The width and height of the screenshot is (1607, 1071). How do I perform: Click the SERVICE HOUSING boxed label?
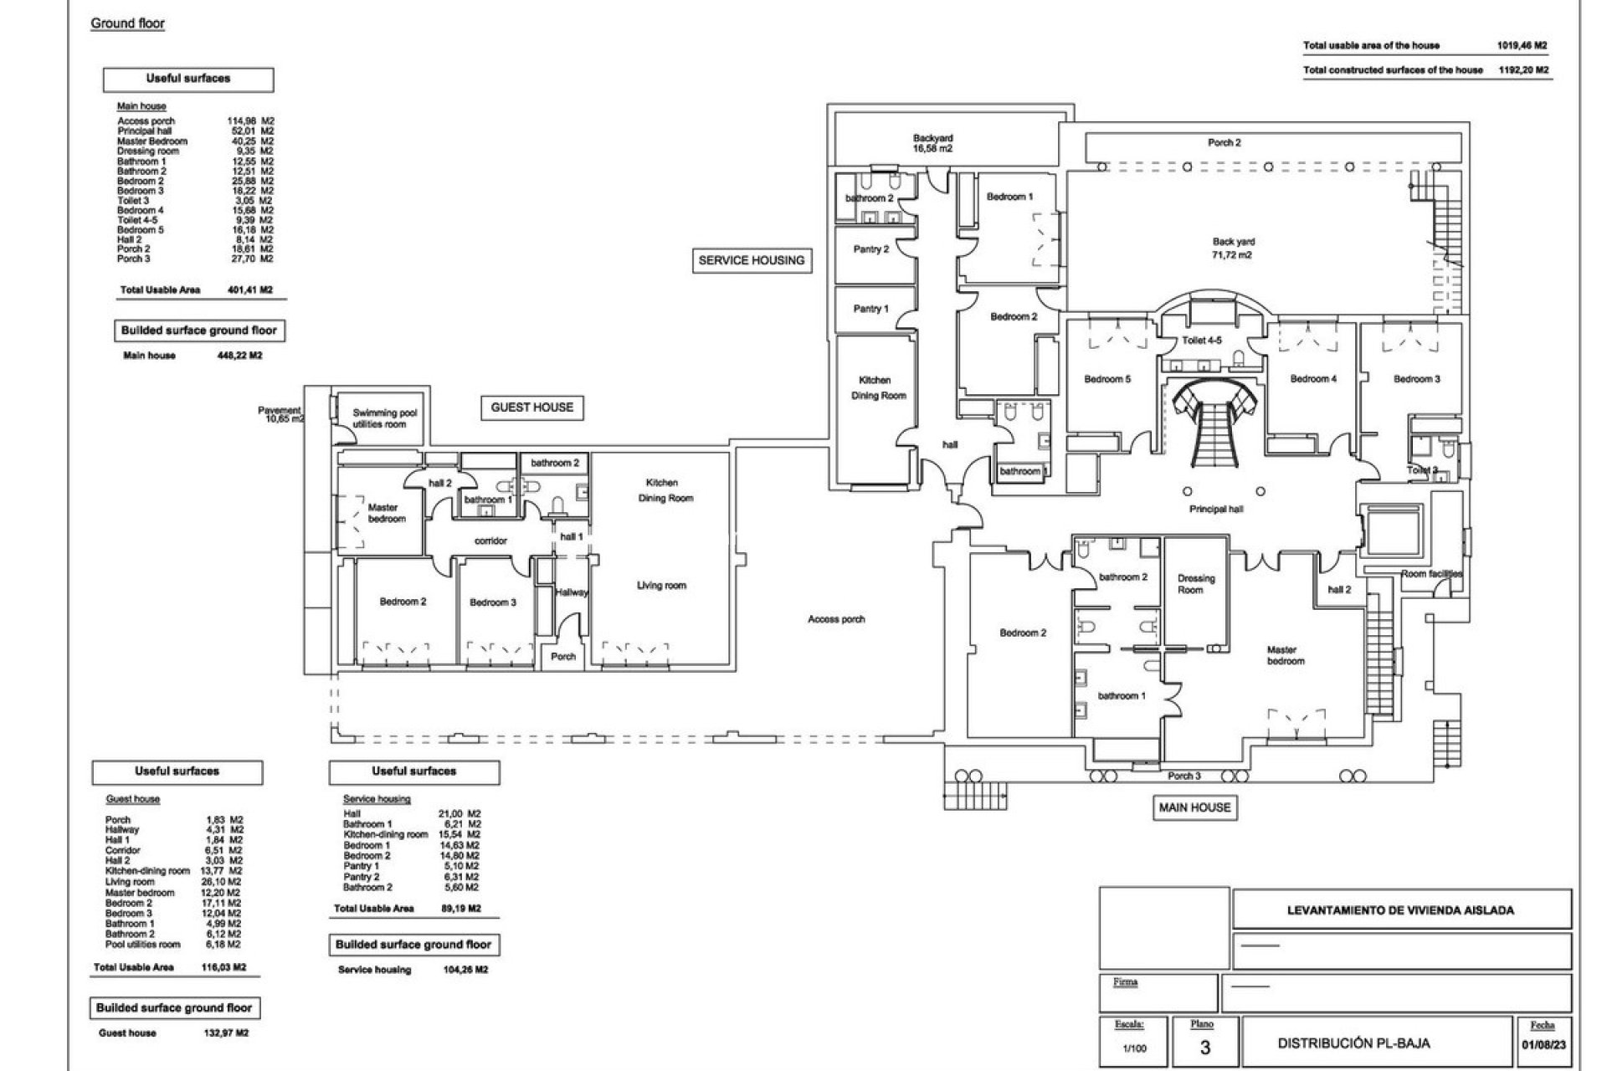pyautogui.click(x=751, y=260)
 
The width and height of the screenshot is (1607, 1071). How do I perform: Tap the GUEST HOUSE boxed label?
pyautogui.click(x=531, y=407)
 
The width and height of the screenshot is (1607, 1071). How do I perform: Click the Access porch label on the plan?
pyautogui.click(x=836, y=619)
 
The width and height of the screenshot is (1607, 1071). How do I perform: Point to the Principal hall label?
pyautogui.click(x=1215, y=509)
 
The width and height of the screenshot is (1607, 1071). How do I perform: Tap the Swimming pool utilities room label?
pyautogui.click(x=383, y=418)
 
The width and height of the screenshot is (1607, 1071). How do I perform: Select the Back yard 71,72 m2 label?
pyautogui.click(x=1233, y=248)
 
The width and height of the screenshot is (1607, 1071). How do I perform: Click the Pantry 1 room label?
pyautogui.click(x=870, y=309)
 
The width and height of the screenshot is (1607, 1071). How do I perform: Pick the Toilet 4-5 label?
pyautogui.click(x=1201, y=341)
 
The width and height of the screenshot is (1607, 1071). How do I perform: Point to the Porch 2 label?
pyautogui.click(x=1224, y=142)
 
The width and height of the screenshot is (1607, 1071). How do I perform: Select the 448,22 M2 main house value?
pyautogui.click(x=239, y=356)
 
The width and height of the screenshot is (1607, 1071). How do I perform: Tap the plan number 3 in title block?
pyautogui.click(x=1204, y=1047)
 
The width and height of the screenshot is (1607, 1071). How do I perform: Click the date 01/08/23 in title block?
pyautogui.click(x=1542, y=1046)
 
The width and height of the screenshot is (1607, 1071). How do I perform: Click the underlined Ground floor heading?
pyautogui.click(x=127, y=23)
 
